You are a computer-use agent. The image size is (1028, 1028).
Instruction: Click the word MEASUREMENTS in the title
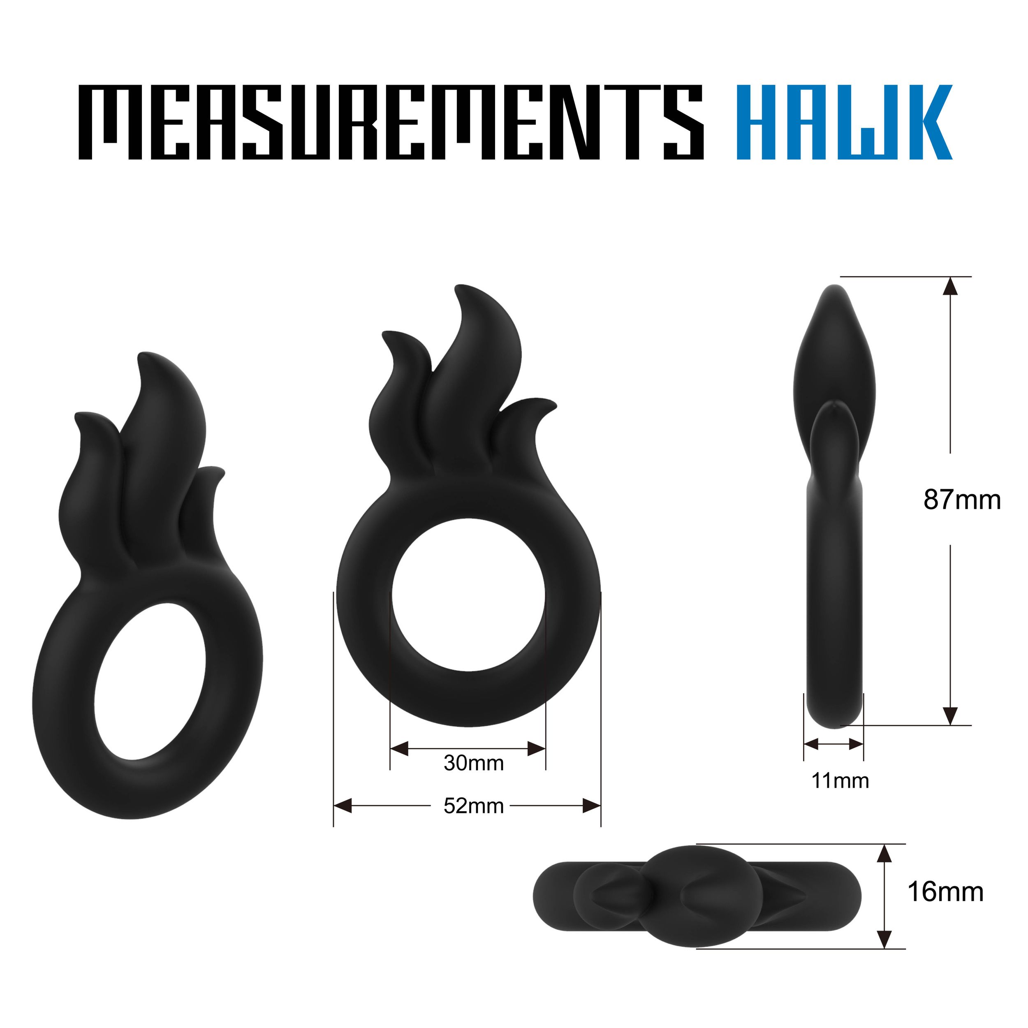pyautogui.click(x=391, y=123)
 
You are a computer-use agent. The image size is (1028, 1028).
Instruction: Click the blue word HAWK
pyautogui.click(x=845, y=123)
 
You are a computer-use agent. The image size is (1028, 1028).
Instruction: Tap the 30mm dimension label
pyautogui.click(x=474, y=764)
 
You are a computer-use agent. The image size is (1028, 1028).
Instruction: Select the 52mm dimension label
pyautogui.click(x=474, y=806)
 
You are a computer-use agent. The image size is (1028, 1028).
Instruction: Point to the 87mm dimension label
pyautogui.click(x=962, y=500)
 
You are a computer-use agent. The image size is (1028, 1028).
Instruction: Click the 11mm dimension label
pyautogui.click(x=840, y=780)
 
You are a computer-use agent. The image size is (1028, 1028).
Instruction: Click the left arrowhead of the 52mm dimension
pyautogui.click(x=343, y=806)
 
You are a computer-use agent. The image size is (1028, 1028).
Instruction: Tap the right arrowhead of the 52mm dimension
pyautogui.click(x=592, y=806)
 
